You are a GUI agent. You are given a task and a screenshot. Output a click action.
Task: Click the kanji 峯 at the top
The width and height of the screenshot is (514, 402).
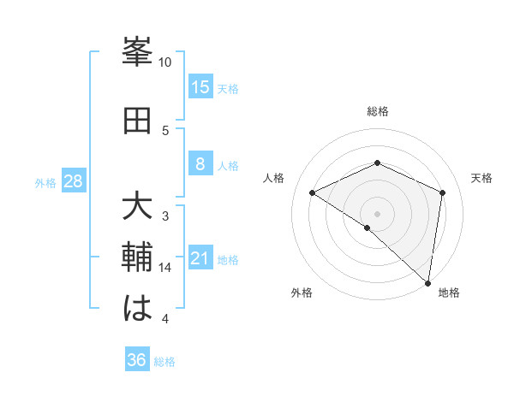tap(138, 52)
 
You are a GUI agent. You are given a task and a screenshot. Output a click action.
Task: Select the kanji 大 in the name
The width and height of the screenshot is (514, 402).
tap(138, 207)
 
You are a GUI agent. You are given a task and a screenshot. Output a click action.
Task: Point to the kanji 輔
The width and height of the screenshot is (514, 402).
tap(138, 257)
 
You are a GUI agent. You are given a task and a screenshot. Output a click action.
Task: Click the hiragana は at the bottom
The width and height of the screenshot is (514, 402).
tap(138, 308)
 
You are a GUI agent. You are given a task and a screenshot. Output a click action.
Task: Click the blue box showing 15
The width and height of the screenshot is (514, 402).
tap(200, 86)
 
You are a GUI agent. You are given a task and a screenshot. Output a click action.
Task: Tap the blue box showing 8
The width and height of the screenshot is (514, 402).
tap(200, 164)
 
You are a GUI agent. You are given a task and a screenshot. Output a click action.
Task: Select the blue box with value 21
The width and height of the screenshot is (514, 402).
tap(200, 258)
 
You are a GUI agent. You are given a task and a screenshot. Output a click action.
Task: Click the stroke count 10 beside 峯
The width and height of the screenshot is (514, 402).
tap(165, 62)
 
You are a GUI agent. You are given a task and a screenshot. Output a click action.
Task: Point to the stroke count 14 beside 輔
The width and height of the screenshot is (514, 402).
tap(165, 268)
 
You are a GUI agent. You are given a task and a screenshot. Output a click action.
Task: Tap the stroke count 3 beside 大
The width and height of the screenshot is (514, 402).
tap(165, 216)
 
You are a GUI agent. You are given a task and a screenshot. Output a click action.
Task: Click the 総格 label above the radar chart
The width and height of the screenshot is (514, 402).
tap(377, 111)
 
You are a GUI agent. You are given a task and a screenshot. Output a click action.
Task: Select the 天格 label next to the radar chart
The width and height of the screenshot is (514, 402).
tap(482, 178)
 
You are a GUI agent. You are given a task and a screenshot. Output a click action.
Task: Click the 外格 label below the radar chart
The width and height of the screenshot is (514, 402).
tap(302, 293)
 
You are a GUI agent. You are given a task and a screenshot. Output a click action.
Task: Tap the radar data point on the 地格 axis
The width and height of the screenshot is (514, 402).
tap(428, 283)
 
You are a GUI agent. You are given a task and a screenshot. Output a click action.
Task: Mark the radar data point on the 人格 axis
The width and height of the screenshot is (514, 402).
tap(313, 192)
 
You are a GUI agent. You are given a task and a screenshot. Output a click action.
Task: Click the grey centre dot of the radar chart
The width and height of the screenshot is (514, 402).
tap(377, 213)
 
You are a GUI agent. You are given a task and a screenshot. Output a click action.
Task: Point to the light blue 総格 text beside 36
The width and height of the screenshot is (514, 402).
tap(164, 362)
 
